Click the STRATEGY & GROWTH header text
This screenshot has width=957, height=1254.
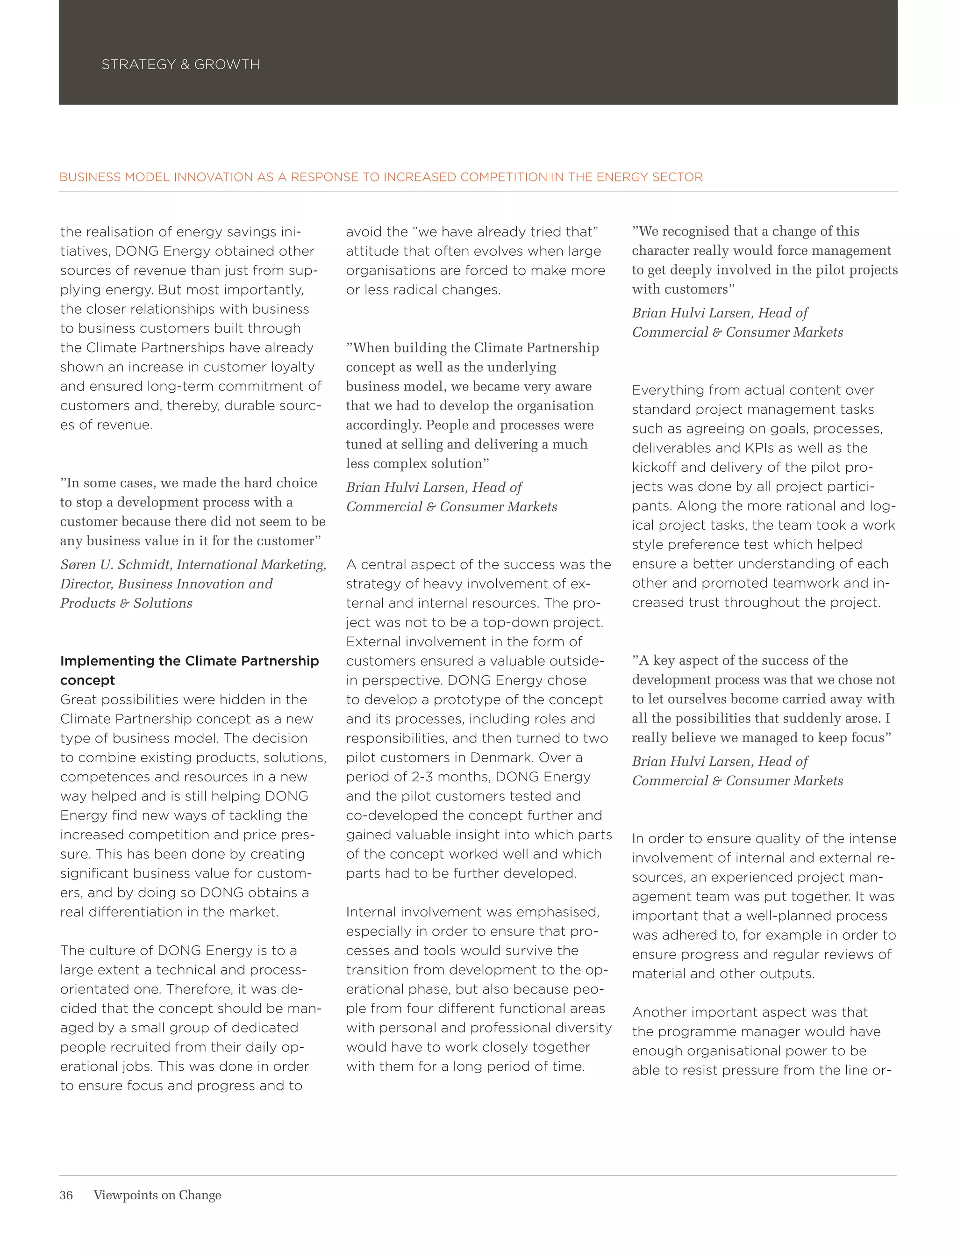click(x=180, y=65)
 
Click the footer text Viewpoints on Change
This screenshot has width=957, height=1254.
click(x=157, y=1195)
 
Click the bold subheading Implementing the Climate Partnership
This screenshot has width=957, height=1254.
click(x=189, y=661)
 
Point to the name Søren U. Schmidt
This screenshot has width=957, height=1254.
click(x=115, y=564)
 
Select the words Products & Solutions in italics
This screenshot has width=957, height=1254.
click(x=127, y=603)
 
